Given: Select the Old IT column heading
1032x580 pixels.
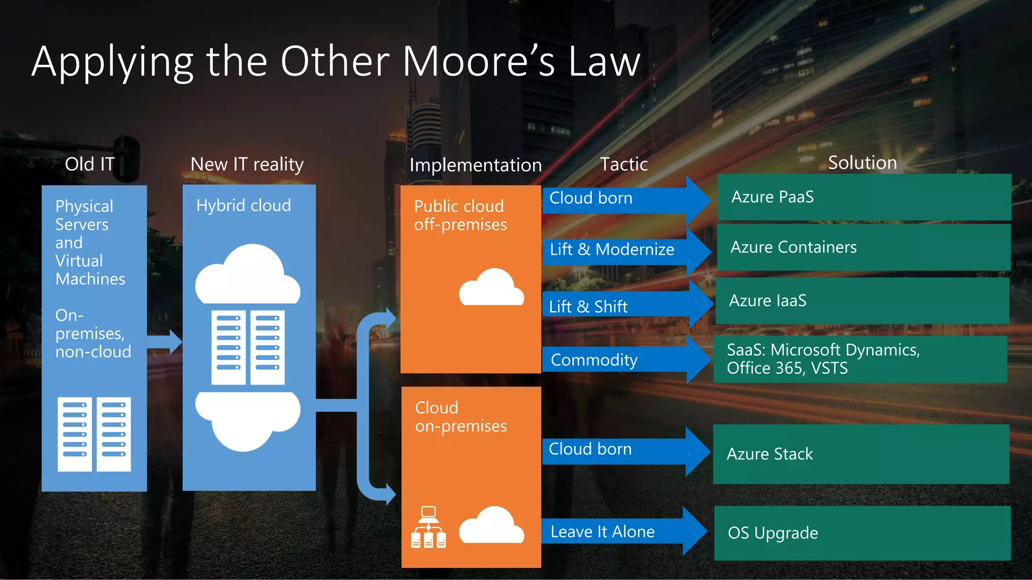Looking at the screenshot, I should tap(90, 164).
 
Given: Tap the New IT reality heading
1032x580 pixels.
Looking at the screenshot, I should tap(247, 164).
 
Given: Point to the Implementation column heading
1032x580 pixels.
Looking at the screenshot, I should tap(475, 165).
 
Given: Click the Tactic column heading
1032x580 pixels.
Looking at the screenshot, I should tap(623, 164).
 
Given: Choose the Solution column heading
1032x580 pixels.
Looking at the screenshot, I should tap(862, 163).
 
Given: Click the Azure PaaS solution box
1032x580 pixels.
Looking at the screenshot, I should tap(864, 197).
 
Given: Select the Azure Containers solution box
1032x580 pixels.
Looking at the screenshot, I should tap(864, 247).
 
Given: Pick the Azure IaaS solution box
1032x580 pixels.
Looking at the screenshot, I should tap(862, 301).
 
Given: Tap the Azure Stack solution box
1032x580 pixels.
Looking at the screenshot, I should tap(861, 454).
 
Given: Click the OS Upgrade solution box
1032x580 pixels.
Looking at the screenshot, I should tap(862, 533).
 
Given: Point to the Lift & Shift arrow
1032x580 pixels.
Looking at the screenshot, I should tap(625, 306).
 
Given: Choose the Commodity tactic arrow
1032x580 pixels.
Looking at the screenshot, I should tap(625, 360).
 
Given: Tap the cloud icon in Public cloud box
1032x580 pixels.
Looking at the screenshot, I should tap(491, 288).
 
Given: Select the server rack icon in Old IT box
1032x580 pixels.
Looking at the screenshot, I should tap(94, 434).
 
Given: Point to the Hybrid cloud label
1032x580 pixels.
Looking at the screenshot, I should tap(243, 205).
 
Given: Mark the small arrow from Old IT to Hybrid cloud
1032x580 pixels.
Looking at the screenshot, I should tap(165, 342).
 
